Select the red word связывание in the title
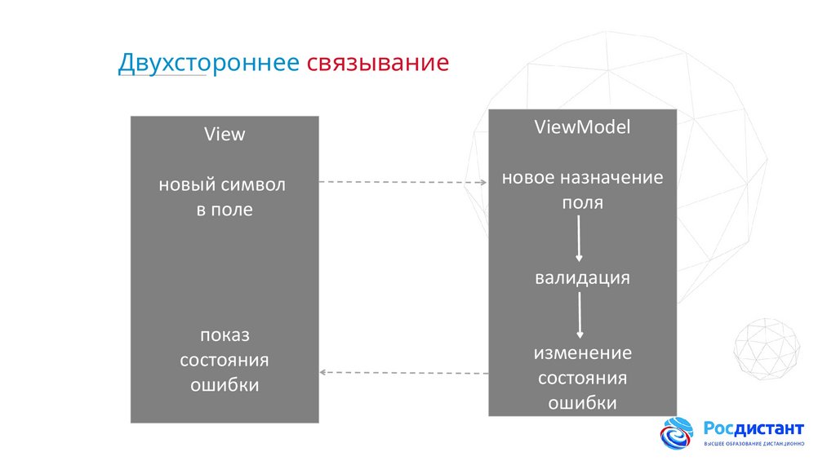pos(378,64)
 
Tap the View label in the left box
pos(224,135)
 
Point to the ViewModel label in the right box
pos(582,127)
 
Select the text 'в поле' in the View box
pos(224,210)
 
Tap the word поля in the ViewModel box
pos(582,202)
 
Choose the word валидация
pos(582,277)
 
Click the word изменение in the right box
pos(582,353)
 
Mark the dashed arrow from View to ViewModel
pos(402,182)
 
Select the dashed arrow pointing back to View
pos(402,372)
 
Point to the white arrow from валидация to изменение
pos(579,315)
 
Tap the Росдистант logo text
pos(754,429)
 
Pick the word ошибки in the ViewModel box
pos(582,403)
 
